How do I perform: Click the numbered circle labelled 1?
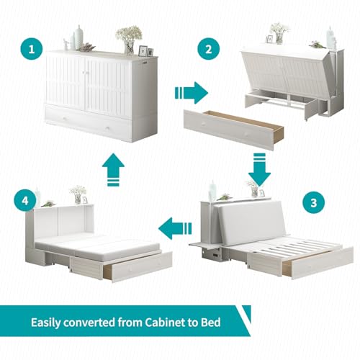coord(32,50)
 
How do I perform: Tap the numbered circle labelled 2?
coord(209,49)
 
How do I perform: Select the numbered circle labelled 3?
coord(313,203)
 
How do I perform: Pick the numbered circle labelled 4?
coord(25,201)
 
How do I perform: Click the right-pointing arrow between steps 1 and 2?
coord(192,93)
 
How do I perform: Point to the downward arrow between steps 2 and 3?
coord(259,169)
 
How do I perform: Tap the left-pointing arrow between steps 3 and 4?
coord(175,228)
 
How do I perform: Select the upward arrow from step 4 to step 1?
coord(113,170)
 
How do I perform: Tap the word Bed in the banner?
coord(211,323)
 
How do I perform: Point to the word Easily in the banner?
coord(46,323)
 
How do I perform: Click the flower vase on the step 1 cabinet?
coord(129,40)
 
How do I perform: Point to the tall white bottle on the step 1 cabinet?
coord(78,37)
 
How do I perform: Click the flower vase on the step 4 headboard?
coord(78,194)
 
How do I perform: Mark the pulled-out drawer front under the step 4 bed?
coord(142,267)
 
